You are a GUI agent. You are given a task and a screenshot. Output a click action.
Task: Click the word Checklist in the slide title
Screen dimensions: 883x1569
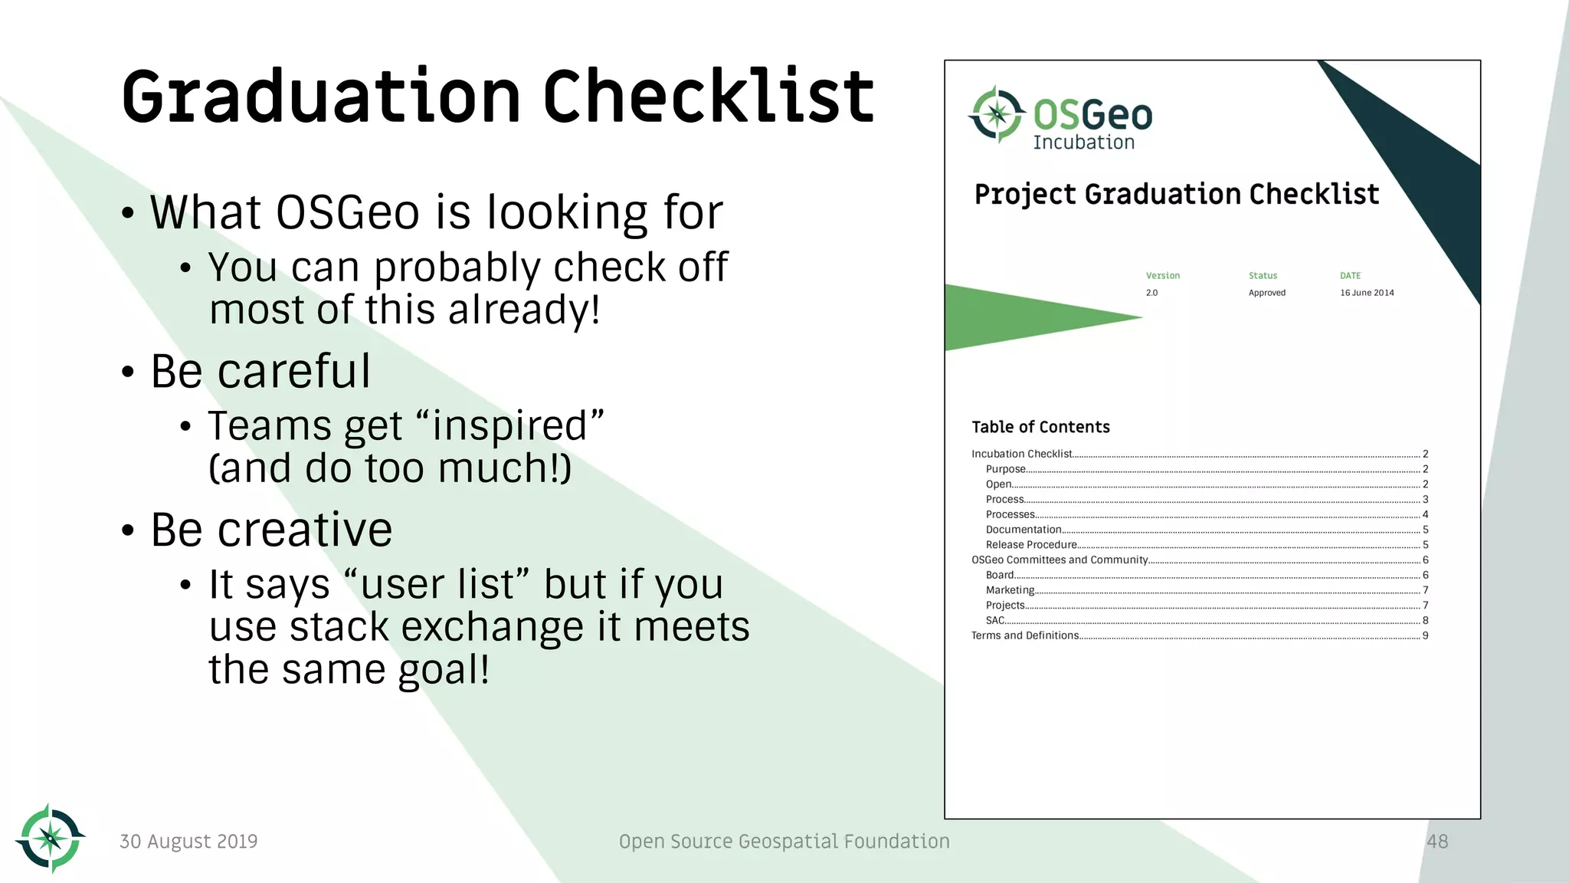[x=708, y=97]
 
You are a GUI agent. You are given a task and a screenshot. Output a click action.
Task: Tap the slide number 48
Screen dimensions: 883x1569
[x=1437, y=842]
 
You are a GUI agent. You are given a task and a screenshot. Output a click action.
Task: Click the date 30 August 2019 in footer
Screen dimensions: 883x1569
[x=188, y=842]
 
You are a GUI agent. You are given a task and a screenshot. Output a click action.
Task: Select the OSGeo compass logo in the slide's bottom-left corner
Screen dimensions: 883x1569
[x=51, y=839]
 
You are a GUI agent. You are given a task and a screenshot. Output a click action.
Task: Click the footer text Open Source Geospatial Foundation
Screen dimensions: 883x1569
[x=784, y=842]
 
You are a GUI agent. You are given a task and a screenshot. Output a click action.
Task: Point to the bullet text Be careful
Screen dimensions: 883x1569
[x=260, y=372]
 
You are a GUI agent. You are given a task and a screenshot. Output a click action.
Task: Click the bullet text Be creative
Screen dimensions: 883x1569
[x=271, y=530]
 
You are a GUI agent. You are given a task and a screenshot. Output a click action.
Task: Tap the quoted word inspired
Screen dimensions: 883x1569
[x=509, y=426]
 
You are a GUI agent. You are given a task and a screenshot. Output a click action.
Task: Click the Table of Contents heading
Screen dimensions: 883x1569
[x=1040, y=427]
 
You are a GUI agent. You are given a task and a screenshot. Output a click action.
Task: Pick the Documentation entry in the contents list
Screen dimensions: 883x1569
[x=1024, y=530]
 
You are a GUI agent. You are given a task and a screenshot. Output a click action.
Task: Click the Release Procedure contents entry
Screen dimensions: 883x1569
[x=1031, y=545]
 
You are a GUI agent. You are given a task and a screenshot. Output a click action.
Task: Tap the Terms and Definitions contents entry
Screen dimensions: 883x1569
[x=1025, y=635]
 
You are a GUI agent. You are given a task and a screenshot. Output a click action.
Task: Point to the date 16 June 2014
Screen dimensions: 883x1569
[x=1367, y=293]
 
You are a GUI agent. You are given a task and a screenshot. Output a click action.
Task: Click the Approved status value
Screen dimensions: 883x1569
[x=1267, y=293]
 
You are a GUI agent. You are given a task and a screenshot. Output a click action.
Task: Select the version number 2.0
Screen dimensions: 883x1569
[x=1151, y=293]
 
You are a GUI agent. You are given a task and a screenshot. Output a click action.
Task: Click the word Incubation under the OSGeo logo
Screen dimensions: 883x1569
[x=1083, y=143]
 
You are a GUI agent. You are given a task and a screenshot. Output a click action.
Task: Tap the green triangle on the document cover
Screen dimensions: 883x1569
[x=1019, y=317]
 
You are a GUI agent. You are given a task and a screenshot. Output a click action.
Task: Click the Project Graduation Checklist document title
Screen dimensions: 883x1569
[x=1176, y=195]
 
